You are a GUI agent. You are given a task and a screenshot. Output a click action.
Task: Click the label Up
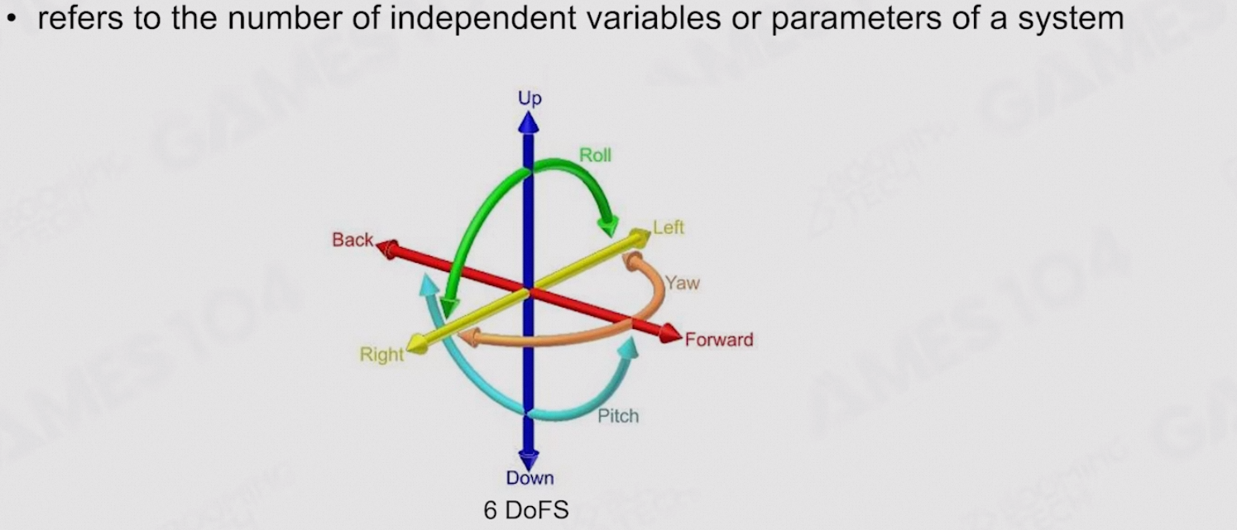[530, 98]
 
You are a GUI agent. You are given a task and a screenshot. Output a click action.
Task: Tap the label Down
[530, 478]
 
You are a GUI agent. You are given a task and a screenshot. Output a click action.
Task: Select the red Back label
[353, 240]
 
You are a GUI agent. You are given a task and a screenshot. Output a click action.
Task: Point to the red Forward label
[719, 340]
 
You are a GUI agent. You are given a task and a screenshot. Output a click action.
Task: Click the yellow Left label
[669, 227]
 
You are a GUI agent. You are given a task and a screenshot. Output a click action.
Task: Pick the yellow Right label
[381, 355]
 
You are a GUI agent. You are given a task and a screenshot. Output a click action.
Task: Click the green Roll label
[595, 155]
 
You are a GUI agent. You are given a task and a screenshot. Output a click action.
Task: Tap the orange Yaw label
[682, 284]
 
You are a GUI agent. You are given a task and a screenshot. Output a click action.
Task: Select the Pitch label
[618, 415]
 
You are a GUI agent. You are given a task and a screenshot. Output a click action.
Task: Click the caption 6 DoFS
[526, 511]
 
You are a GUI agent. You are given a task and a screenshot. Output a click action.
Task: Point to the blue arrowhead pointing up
[530, 122]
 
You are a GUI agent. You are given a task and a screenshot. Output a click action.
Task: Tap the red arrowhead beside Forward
[671, 333]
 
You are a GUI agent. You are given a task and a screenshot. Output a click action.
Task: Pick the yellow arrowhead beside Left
[640, 237]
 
